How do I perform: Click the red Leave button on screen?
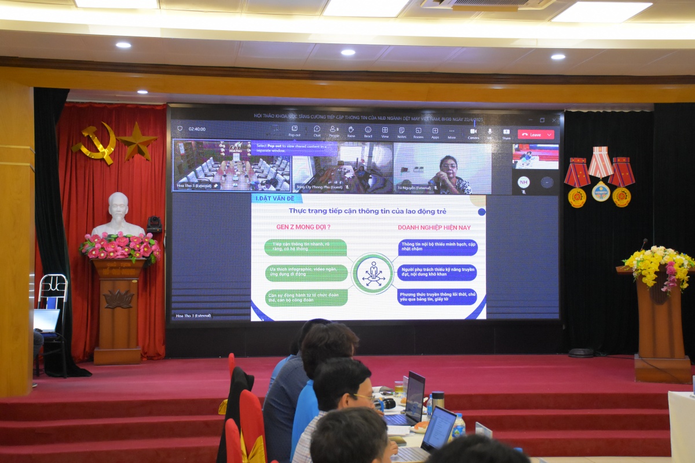pos(536,134)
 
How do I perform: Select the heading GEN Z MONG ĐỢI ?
pos(299,227)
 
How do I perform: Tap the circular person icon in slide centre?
pos(372,273)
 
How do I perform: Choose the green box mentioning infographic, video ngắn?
pos(306,273)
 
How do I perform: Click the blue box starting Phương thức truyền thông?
pos(438,297)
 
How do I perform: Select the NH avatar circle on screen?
pos(524,182)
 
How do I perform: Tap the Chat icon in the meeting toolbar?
pos(317,131)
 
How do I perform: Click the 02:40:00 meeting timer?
pos(197,129)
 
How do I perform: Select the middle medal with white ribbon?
pos(601,174)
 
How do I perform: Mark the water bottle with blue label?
pos(458,426)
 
